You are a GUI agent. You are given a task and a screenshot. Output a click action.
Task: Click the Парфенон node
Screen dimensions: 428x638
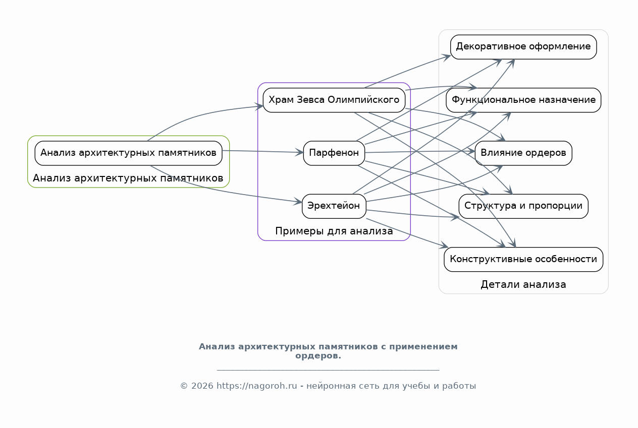coord(334,153)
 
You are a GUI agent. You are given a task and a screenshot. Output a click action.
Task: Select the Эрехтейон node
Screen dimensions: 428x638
coord(334,206)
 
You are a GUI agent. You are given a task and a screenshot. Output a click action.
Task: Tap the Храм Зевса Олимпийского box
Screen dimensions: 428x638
coord(334,100)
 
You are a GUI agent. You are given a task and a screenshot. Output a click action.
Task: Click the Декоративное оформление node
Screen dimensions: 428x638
coord(523,47)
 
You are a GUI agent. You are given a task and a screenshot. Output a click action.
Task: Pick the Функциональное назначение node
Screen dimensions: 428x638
coord(523,100)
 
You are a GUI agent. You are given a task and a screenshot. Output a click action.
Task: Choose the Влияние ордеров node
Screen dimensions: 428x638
coord(523,153)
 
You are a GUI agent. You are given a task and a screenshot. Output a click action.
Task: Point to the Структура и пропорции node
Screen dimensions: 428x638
coord(523,206)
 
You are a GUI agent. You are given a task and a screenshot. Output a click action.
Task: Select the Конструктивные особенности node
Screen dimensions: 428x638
coord(523,259)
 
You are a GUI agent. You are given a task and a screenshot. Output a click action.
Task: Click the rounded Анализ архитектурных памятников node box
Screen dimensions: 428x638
coord(128,153)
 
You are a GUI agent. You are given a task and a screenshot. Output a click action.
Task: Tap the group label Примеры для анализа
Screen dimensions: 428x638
coord(334,231)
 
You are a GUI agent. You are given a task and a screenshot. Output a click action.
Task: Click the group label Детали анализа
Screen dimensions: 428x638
coord(523,284)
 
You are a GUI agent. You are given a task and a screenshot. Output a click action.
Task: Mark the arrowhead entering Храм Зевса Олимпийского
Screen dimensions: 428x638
coord(259,106)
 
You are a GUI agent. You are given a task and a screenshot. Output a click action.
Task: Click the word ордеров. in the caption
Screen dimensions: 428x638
coord(318,356)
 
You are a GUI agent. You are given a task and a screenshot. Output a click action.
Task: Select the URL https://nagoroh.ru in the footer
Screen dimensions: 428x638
coord(257,386)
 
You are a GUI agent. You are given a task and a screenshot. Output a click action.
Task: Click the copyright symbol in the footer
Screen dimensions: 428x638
coord(184,386)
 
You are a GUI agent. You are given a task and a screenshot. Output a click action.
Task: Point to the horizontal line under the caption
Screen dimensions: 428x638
coord(328,370)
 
